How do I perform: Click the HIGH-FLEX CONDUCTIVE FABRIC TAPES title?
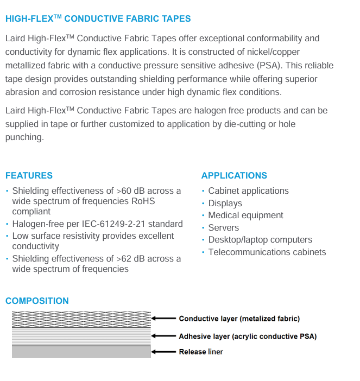click(x=98, y=18)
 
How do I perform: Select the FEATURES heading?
click(x=29, y=175)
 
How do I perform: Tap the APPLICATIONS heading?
click(x=234, y=175)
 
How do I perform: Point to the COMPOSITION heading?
click(x=37, y=301)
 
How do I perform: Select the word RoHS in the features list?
click(x=143, y=201)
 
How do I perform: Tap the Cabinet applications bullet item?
click(x=248, y=191)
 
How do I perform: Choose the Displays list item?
click(x=225, y=203)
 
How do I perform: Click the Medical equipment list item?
click(x=245, y=215)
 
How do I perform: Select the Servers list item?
click(x=223, y=227)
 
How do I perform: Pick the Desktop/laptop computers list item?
click(x=260, y=240)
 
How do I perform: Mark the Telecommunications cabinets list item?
click(x=267, y=252)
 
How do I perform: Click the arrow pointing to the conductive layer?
click(x=164, y=319)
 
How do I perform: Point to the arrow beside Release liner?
click(x=164, y=352)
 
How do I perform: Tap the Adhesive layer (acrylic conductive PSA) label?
click(x=248, y=336)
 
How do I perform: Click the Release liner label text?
click(x=201, y=352)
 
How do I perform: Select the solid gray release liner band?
click(x=81, y=352)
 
